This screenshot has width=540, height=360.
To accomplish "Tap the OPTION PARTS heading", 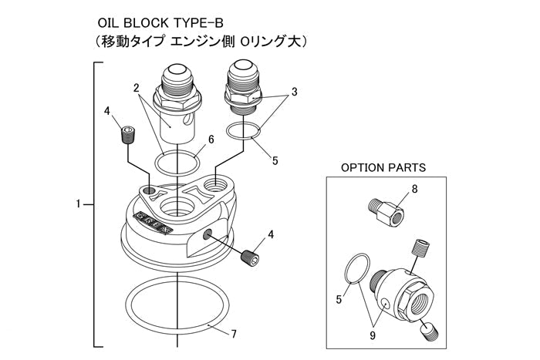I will tap(383, 167).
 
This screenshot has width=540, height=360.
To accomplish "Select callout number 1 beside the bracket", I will tap(79, 204).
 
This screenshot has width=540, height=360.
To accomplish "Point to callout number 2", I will tap(136, 87).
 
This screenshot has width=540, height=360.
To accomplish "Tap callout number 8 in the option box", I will tap(415, 187).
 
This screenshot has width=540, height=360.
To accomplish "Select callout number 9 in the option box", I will tap(373, 336).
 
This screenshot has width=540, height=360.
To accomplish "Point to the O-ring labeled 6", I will tap(178, 163).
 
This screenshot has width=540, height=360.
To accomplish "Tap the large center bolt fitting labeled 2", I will tap(177, 100).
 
